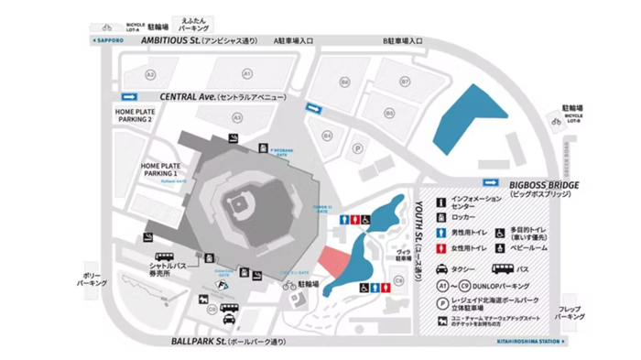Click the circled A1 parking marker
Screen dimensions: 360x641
pyautogui.click(x=246, y=72)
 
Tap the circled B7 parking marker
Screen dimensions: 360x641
pyautogui.click(x=405, y=82)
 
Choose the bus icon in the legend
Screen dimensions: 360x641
pyautogui.click(x=504, y=269)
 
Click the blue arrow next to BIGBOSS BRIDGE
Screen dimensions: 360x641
pyautogui.click(x=491, y=183)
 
